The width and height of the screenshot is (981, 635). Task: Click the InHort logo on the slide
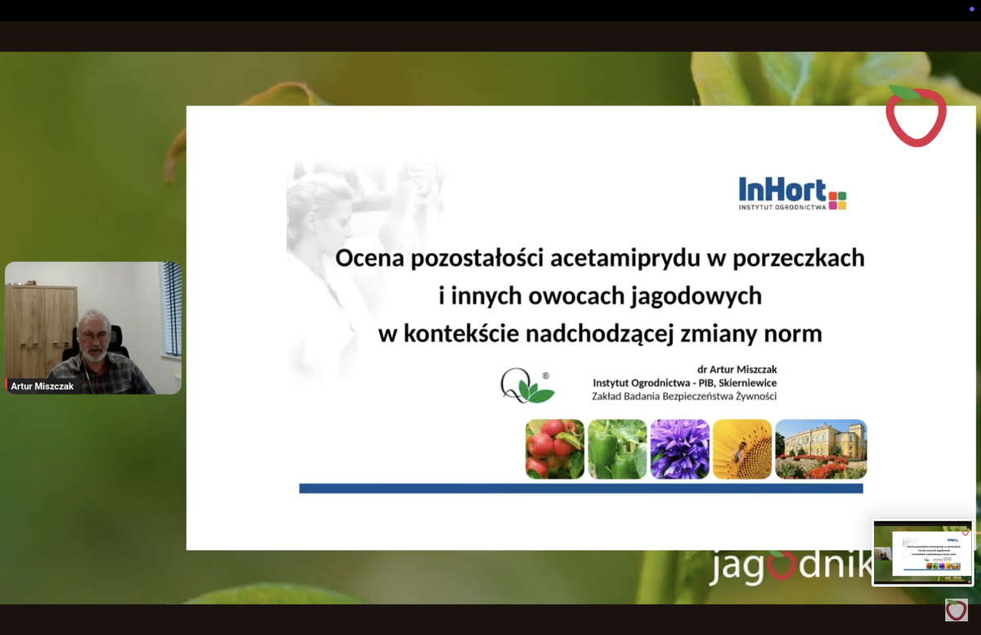tap(791, 194)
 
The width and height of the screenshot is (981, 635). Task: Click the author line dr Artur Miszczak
tap(737, 369)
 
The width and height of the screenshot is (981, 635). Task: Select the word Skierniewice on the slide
tap(742, 383)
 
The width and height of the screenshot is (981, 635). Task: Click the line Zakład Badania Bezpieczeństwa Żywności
tap(683, 397)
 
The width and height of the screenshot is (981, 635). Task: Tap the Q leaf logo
tap(526, 386)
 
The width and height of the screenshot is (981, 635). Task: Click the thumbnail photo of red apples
tap(554, 448)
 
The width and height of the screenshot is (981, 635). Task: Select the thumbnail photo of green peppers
tap(617, 448)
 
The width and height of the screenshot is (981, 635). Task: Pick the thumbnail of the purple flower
tap(679, 448)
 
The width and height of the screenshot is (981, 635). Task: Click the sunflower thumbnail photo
tap(741, 448)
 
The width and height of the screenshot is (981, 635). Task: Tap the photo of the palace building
tap(821, 448)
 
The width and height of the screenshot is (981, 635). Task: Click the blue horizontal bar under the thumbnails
tap(580, 489)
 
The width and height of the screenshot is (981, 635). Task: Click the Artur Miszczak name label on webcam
tap(43, 386)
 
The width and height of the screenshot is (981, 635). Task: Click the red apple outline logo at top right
tap(916, 117)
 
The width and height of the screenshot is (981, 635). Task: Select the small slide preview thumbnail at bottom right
tap(922, 552)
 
